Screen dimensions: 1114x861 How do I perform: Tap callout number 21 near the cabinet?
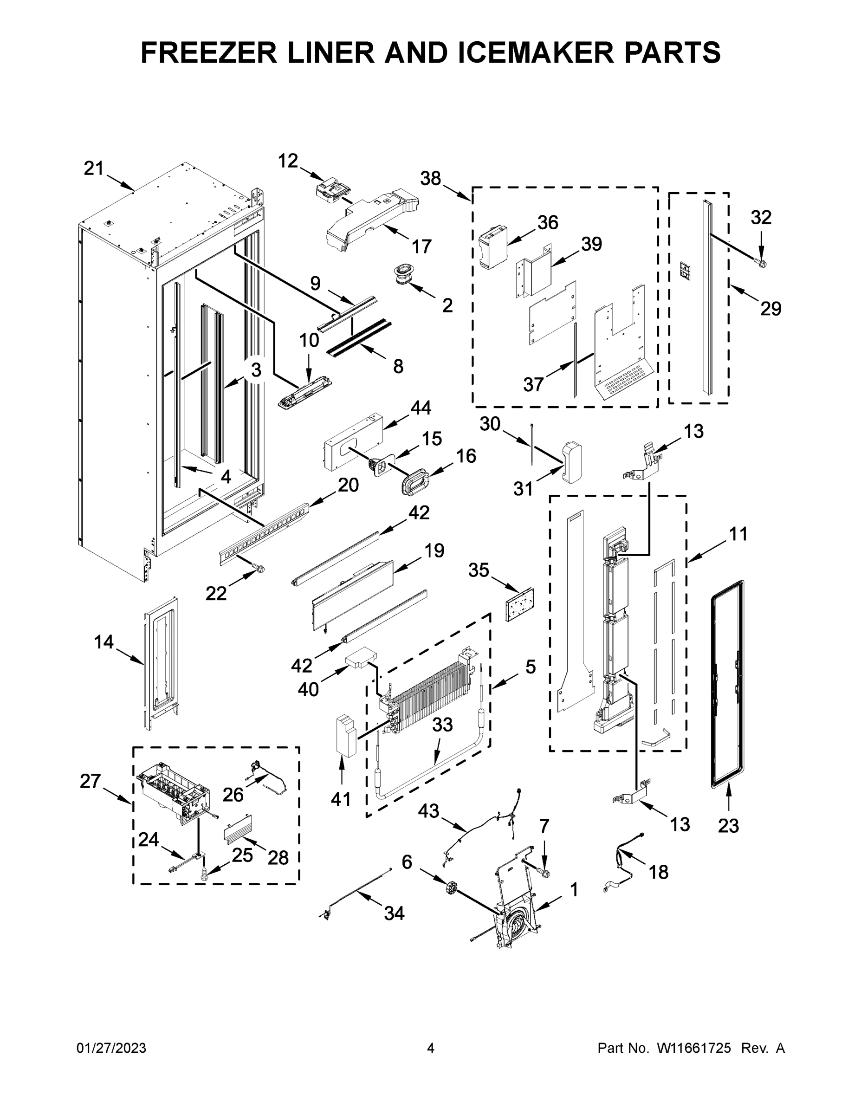point(93,168)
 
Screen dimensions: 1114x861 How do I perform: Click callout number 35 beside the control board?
point(479,570)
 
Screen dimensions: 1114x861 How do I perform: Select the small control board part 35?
point(519,604)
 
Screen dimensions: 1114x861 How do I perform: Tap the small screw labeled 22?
point(259,568)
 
